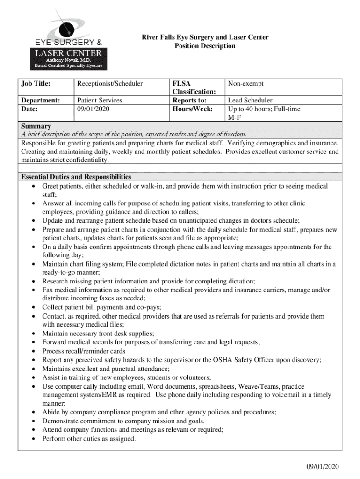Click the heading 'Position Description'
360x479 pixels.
pos(205,46)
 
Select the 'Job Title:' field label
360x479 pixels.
pos(36,84)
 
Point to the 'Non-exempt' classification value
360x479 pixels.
pos(246,84)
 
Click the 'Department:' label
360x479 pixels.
pos(41,101)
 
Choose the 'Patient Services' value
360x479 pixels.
pos(100,101)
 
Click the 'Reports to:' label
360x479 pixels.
pos(189,101)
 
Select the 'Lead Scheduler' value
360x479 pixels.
pos(250,101)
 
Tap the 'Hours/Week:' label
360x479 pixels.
pos(192,109)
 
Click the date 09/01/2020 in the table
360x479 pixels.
pos(95,109)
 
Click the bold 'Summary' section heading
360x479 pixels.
pos(36,126)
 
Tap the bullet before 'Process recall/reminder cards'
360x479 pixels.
pos(34,351)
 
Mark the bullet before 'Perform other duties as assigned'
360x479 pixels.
pos(34,439)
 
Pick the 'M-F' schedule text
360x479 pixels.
pos(235,117)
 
